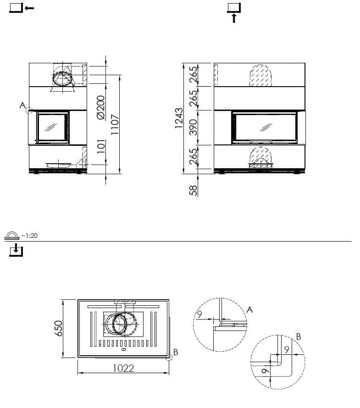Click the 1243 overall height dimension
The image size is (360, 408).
[179, 118]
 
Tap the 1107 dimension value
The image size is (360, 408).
[115, 124]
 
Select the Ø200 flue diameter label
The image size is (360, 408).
[101, 107]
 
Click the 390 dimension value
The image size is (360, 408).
[193, 127]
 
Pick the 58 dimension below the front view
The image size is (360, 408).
[193, 190]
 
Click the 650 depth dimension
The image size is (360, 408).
[58, 328]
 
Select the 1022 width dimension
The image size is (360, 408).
[123, 368]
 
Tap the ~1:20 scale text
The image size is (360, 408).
[30, 236]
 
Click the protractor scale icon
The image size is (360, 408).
[12, 236]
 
